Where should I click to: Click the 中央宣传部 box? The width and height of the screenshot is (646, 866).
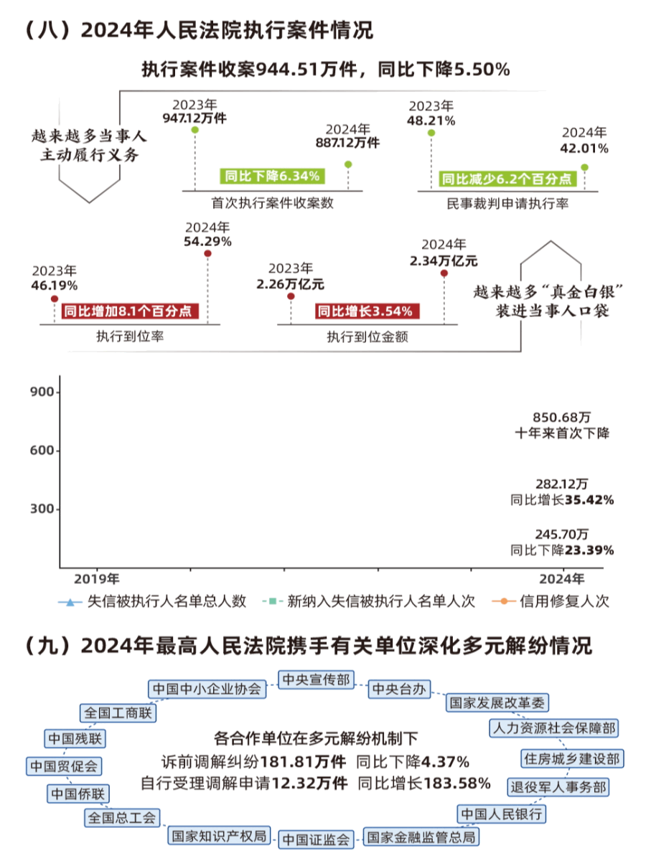tap(316, 679)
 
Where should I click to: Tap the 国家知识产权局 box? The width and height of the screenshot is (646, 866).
tap(218, 836)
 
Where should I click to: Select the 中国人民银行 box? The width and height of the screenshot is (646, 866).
tap(502, 814)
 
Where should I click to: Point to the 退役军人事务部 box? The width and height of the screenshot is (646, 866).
tap(558, 786)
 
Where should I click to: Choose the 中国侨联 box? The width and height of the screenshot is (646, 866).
tap(77, 794)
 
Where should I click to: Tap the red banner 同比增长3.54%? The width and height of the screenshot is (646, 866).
tap(365, 311)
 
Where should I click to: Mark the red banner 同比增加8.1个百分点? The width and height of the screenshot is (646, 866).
tap(130, 311)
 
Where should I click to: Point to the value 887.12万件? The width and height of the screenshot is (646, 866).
tap(348, 143)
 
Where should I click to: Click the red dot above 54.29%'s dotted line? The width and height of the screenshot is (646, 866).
tap(207, 253)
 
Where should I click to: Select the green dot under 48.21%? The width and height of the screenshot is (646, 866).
tap(431, 133)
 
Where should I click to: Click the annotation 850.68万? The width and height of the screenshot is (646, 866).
tap(562, 417)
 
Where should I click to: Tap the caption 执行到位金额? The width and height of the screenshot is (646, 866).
tap(368, 336)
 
